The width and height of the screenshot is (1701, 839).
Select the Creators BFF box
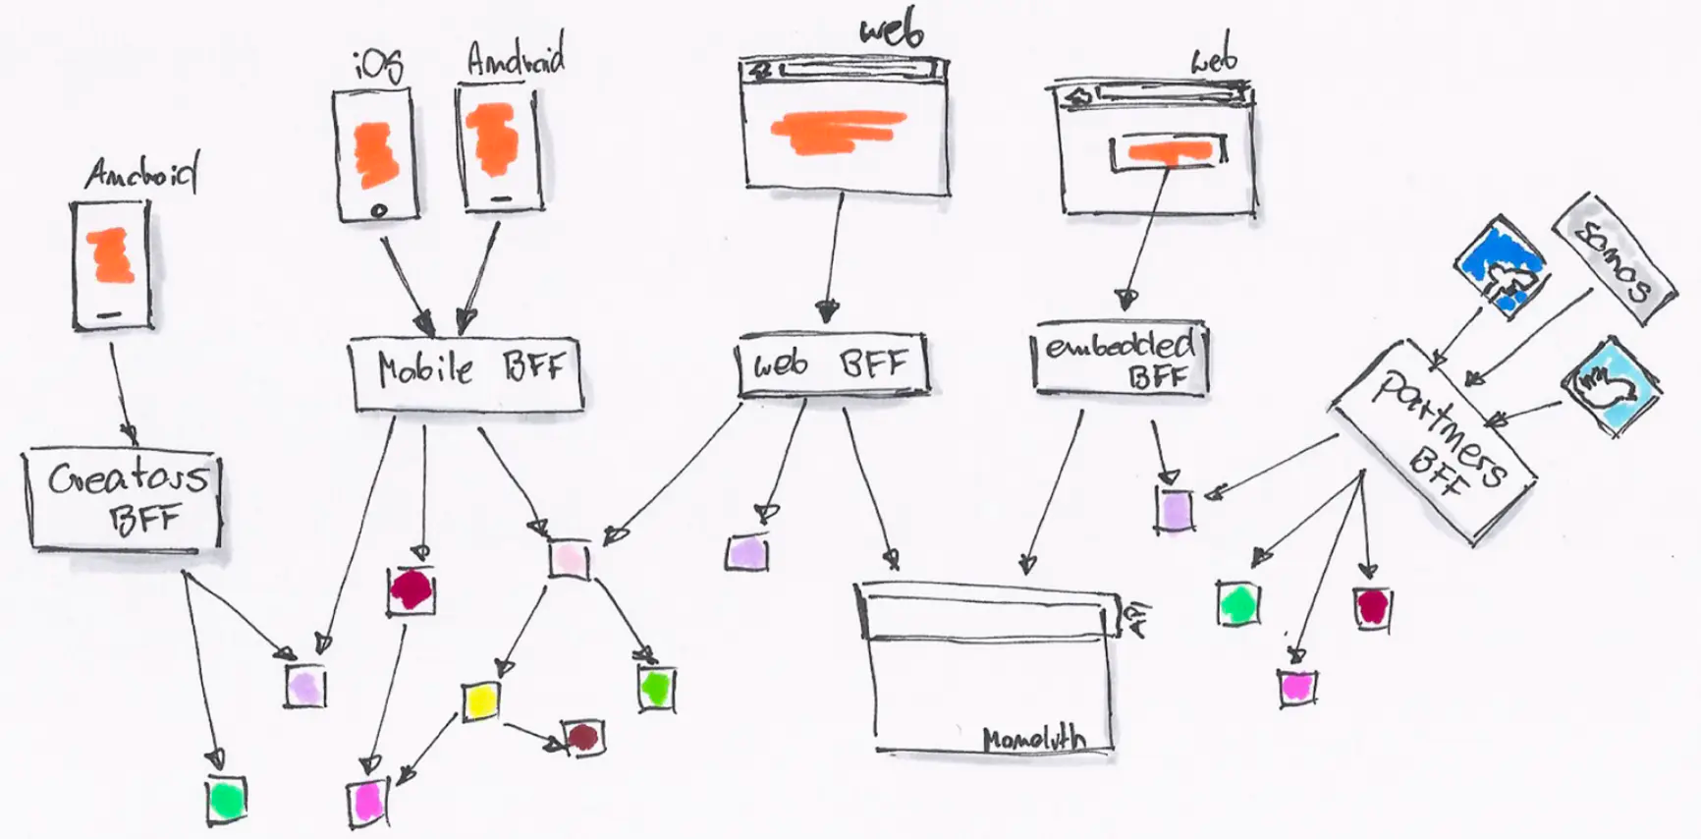point(124,498)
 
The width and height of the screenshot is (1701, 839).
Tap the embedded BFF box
point(1120,361)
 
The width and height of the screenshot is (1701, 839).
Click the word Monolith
point(1033,738)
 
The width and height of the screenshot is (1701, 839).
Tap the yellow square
point(481,700)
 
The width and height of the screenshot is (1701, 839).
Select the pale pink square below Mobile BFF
point(569,560)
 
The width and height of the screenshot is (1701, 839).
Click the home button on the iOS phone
point(379,210)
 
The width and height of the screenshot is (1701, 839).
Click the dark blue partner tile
point(1500,265)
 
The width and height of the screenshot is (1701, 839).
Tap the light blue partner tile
point(1612,386)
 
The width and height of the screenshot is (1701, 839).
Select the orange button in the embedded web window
point(1169,151)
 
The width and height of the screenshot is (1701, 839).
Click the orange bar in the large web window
point(838,131)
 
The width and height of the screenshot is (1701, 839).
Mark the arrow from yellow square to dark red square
point(535,735)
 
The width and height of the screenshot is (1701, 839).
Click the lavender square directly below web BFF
point(747,553)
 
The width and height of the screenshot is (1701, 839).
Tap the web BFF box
point(832,366)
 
